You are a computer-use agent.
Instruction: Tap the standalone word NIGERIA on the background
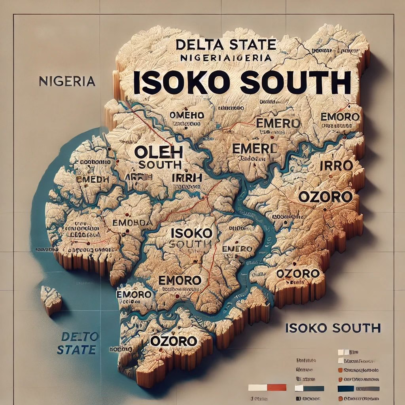tap(67, 81)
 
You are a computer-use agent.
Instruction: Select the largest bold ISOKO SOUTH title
tap(242, 83)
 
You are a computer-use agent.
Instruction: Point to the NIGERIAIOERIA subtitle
tap(225, 57)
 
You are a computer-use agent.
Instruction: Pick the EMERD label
tap(255, 149)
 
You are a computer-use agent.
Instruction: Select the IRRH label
tap(187, 178)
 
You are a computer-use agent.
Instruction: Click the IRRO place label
tap(335, 166)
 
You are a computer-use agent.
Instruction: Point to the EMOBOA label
tap(132, 223)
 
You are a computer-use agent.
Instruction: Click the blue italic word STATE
tap(76, 350)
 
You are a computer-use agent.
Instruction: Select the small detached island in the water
tap(51, 300)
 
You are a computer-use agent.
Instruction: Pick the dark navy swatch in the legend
tap(345, 388)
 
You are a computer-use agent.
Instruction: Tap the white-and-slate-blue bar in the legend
tap(309, 388)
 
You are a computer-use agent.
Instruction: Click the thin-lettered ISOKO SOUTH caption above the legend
tap(332, 328)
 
